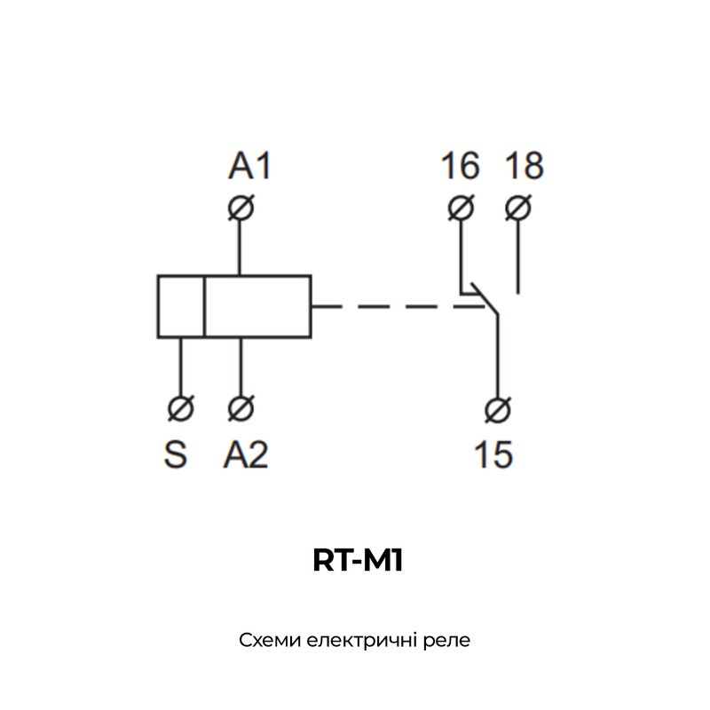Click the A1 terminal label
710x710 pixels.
249,166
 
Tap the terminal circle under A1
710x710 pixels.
241,208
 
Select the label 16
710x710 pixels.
460,166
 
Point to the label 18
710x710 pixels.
525,166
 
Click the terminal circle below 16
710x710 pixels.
461,208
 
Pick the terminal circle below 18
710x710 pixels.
518,208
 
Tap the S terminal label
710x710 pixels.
175,454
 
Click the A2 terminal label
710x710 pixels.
246,454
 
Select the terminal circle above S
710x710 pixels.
181,408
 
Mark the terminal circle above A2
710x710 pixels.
241,408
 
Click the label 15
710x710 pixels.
493,454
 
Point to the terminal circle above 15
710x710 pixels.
498,410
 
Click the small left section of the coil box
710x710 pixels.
181,306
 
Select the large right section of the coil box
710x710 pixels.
257,306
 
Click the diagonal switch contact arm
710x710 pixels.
484,298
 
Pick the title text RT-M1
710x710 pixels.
358,561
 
